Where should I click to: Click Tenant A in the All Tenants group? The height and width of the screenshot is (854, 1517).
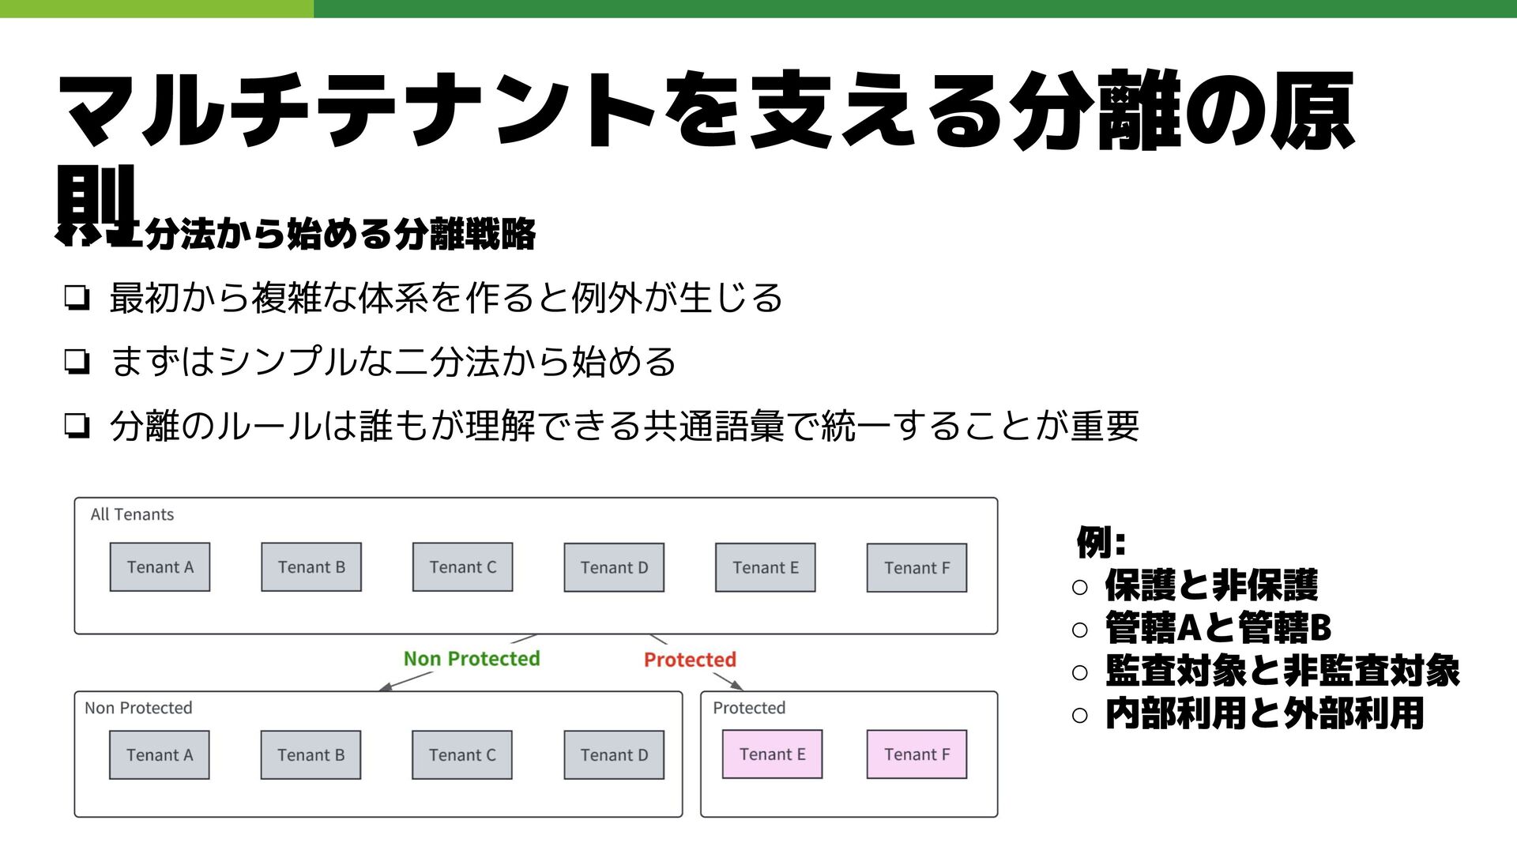point(160,567)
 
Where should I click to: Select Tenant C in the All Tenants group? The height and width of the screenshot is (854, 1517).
point(462,567)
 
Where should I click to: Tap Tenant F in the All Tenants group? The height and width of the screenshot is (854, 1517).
point(917,568)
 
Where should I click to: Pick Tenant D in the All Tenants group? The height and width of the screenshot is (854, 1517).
point(614,568)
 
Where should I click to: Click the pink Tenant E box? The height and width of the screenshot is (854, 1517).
point(772,754)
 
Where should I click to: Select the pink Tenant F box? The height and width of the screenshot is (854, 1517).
point(917,754)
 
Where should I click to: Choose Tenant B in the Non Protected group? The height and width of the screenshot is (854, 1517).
point(311,755)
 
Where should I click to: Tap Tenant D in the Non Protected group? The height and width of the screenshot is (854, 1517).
point(614,755)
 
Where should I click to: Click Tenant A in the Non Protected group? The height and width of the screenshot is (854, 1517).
point(160,755)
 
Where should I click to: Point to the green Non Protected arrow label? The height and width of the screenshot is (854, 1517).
point(472,659)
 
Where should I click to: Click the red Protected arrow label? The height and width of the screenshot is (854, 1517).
point(690,660)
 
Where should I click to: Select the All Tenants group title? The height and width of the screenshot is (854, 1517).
point(132,515)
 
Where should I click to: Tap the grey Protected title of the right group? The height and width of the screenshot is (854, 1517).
point(749,708)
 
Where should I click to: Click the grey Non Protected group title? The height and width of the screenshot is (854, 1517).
point(138,708)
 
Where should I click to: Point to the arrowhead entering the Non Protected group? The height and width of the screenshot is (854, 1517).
point(385,687)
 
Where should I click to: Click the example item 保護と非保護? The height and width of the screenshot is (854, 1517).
point(1210,586)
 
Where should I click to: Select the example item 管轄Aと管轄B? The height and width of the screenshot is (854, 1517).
point(1218,629)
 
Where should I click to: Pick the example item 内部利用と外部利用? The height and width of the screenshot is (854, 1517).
point(1264,714)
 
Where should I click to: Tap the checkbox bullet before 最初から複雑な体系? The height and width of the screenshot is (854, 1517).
point(77,299)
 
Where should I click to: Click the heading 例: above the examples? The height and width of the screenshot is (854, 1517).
point(1101,543)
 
